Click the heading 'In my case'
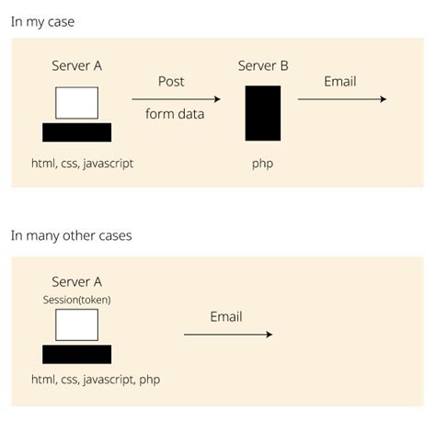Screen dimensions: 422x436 click(x=42, y=21)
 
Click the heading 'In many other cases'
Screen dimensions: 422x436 click(x=71, y=235)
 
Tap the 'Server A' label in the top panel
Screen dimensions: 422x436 click(x=77, y=65)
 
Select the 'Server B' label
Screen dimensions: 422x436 click(x=263, y=65)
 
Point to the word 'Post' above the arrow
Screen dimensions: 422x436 click(x=171, y=82)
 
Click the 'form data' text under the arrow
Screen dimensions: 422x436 click(x=175, y=114)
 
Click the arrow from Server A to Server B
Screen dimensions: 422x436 click(x=176, y=99)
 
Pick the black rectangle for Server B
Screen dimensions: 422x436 click(x=263, y=113)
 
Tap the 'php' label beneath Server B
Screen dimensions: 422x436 click(x=263, y=164)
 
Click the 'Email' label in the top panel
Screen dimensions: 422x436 click(x=339, y=82)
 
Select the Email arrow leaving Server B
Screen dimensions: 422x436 click(x=342, y=99)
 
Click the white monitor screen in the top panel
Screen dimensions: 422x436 click(x=76, y=103)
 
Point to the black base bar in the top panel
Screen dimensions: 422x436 click(x=77, y=132)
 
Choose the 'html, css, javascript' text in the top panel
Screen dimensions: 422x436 click(x=83, y=164)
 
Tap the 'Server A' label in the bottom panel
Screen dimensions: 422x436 click(x=77, y=282)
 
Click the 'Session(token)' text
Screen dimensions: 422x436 click(x=77, y=299)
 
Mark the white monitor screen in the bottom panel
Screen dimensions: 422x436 click(x=76, y=325)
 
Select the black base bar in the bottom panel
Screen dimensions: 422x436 click(x=77, y=354)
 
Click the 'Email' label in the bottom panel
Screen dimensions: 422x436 click(x=226, y=317)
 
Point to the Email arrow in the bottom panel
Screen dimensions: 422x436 click(x=228, y=335)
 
